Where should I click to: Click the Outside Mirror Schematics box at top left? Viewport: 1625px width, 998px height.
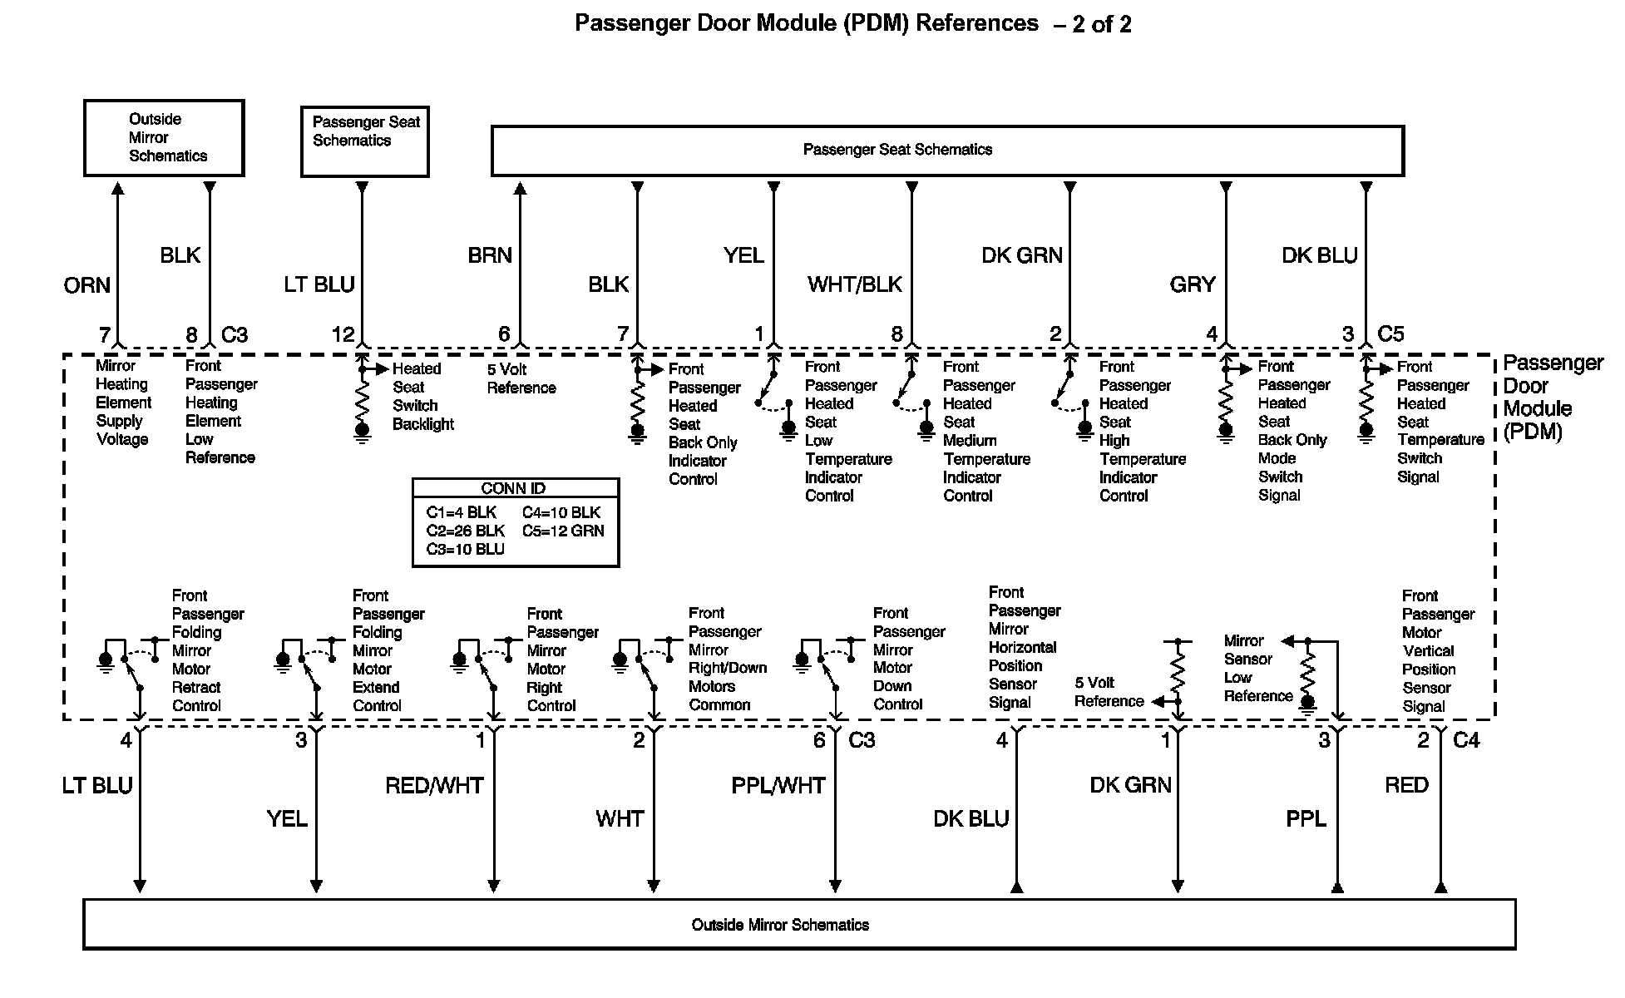(164, 138)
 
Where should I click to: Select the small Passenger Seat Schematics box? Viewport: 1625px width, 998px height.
(364, 141)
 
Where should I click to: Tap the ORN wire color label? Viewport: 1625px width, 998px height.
(86, 286)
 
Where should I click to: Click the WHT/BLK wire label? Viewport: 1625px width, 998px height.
(854, 285)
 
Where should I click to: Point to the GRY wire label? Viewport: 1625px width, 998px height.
(1192, 285)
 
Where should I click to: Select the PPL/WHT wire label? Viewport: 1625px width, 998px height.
(778, 786)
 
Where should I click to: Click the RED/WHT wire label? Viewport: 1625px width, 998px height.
(433, 786)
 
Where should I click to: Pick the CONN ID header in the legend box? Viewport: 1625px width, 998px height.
(513, 488)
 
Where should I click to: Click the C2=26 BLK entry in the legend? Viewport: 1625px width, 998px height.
(465, 531)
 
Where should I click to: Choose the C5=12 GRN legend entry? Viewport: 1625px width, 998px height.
(563, 531)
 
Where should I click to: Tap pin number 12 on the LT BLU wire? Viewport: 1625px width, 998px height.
(343, 334)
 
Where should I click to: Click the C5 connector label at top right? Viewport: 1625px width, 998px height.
(1390, 334)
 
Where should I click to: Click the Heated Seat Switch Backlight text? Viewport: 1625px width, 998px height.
(422, 397)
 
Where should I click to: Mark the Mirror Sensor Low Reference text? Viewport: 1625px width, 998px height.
(1257, 669)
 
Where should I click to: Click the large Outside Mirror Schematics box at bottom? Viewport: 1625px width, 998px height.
(798, 924)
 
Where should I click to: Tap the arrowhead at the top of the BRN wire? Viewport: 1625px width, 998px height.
(520, 189)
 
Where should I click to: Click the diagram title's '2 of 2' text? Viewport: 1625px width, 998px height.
(1101, 25)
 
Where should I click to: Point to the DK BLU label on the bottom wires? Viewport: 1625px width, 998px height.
(971, 819)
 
